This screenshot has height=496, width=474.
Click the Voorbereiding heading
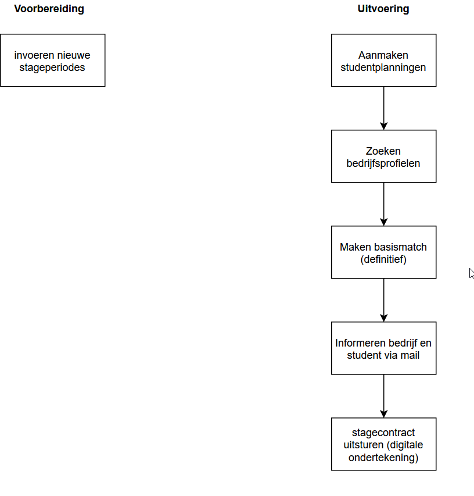49,9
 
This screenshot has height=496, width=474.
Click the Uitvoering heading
383,9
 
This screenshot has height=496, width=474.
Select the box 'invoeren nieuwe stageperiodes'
53,60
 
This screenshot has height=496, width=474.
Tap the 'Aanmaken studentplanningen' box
383,60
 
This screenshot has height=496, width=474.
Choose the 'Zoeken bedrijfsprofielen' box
383,156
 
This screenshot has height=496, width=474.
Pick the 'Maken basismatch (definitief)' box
383,252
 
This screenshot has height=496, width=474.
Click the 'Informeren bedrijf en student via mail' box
383,348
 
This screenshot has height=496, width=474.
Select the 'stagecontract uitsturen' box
383,444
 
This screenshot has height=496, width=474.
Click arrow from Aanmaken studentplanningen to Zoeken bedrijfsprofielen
383,108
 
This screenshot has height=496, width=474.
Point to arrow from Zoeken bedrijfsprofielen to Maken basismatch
383,204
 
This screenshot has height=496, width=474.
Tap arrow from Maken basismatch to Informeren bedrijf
383,300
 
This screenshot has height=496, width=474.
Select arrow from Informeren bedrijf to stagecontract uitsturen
383,396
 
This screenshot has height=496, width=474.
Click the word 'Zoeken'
383,151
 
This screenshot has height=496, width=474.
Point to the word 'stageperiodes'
52,67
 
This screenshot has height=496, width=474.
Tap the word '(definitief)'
383,259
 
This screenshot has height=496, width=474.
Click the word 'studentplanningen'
383,67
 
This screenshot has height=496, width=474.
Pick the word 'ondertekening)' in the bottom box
383,458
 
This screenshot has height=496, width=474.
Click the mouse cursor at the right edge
471,273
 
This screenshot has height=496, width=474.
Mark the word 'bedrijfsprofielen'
383,163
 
